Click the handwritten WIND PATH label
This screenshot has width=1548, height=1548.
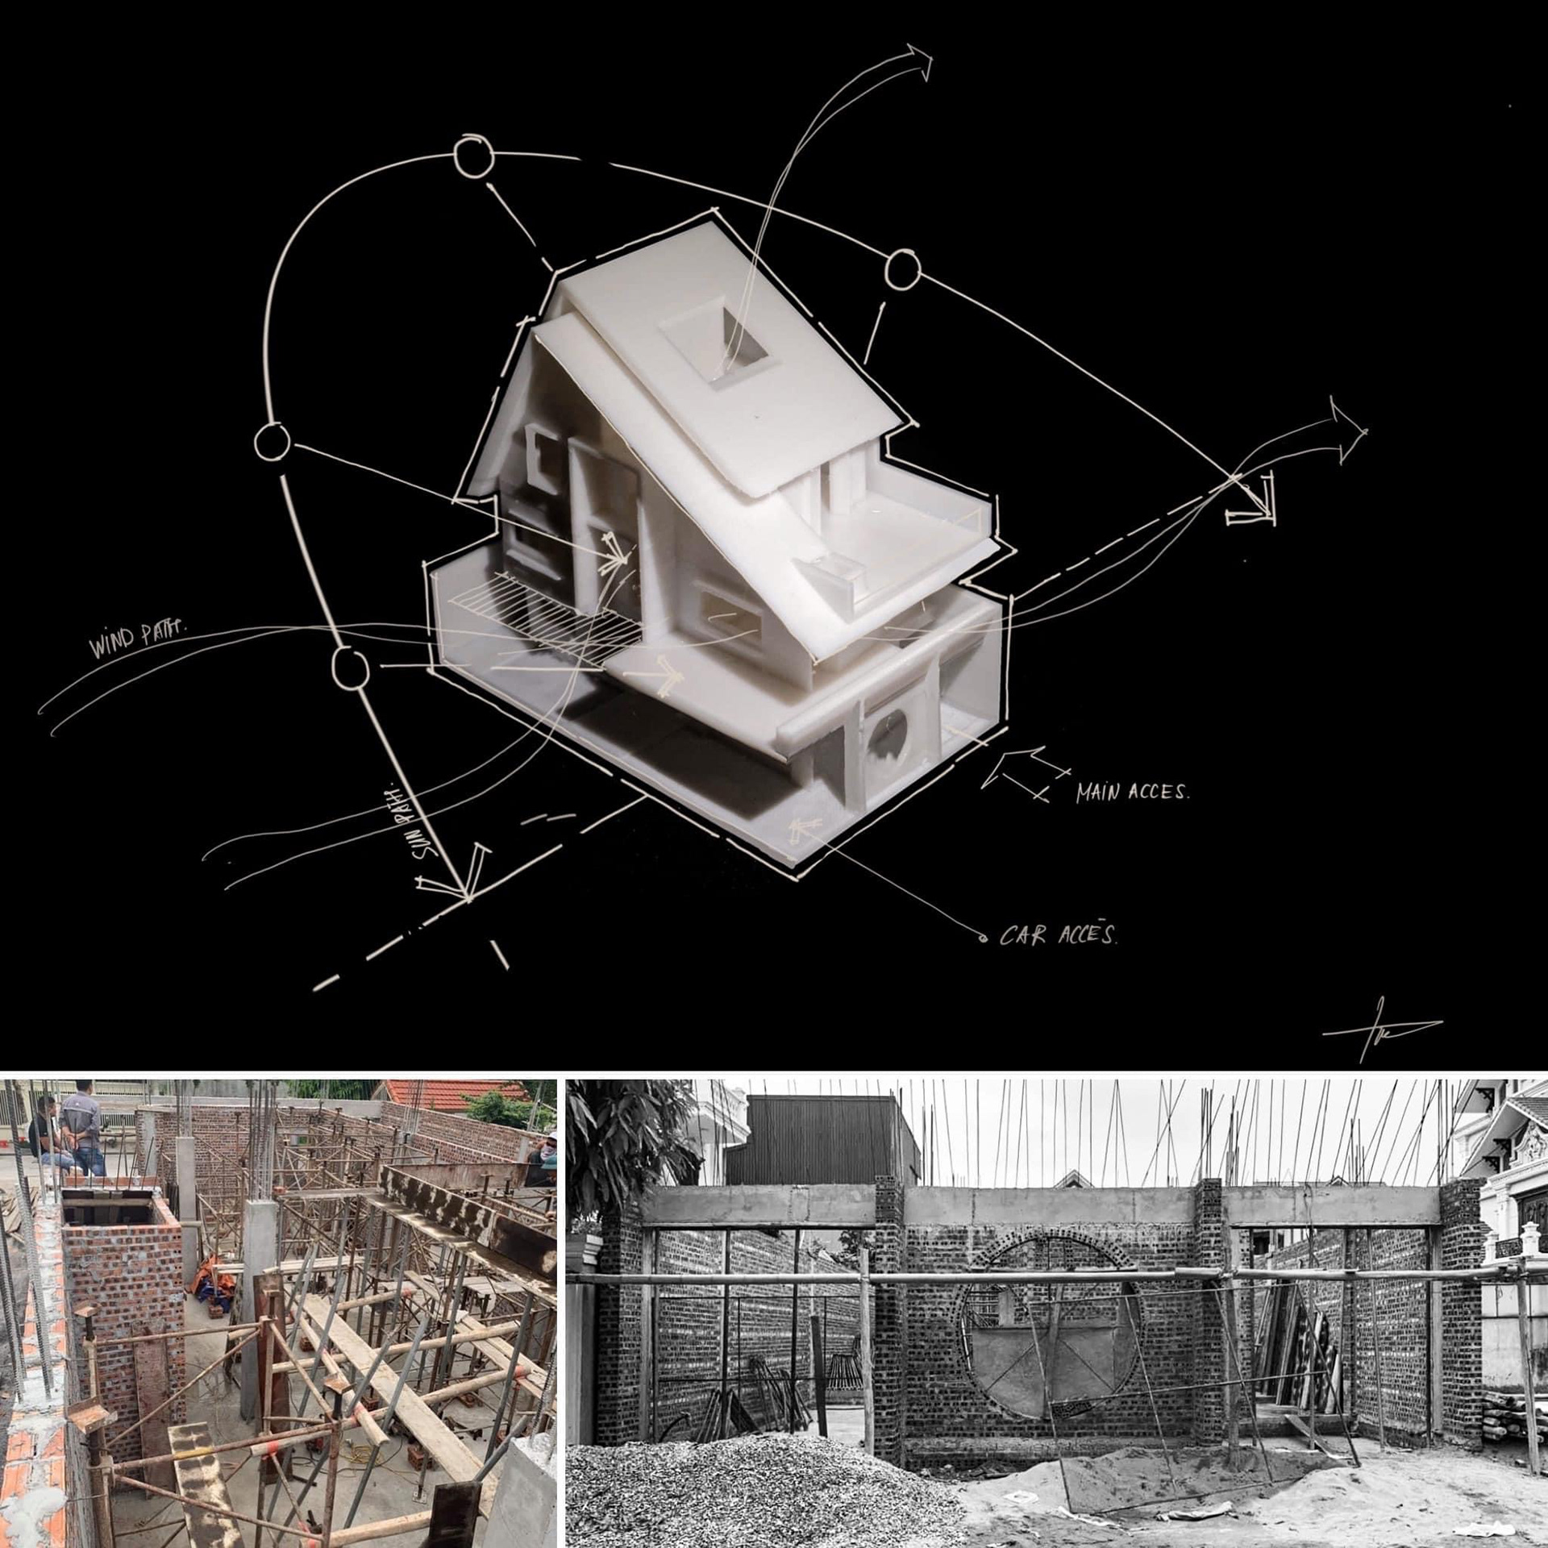(135, 638)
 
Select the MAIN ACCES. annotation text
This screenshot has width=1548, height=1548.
(1131, 792)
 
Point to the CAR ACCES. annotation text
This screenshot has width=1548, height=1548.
(1058, 935)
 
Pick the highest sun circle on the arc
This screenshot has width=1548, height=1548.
(473, 157)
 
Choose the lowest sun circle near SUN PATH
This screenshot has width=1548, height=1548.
(351, 668)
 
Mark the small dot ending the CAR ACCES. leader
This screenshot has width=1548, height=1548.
(982, 938)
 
